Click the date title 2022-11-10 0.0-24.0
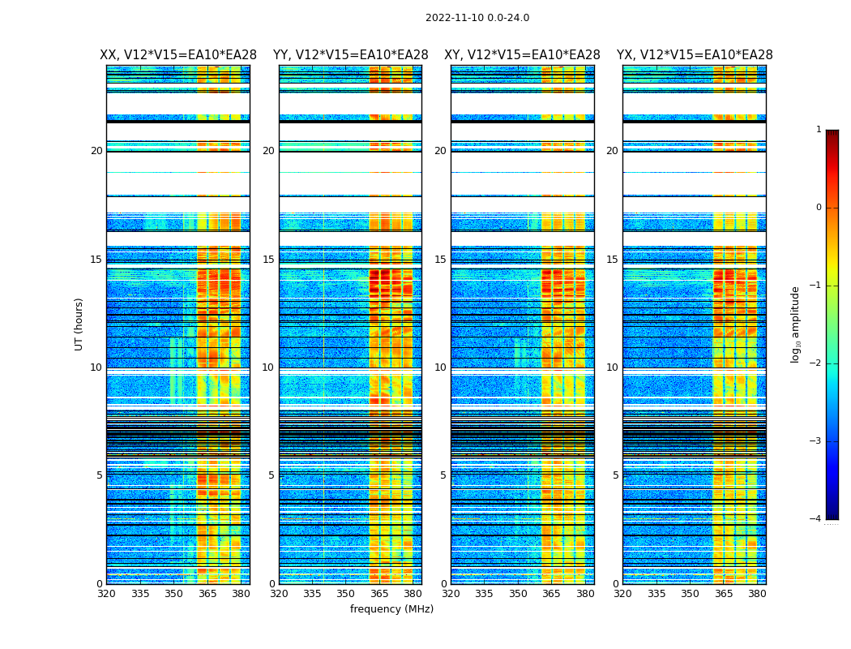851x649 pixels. (x=477, y=18)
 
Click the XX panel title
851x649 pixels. (x=178, y=55)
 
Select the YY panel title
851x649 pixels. (x=350, y=55)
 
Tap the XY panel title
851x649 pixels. (x=522, y=55)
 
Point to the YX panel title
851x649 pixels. (x=695, y=55)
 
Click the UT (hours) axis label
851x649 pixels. (x=79, y=324)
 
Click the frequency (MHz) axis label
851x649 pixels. (x=391, y=609)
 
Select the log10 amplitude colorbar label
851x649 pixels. (x=796, y=324)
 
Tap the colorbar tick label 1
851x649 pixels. (x=818, y=130)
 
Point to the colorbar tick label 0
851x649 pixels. (x=818, y=208)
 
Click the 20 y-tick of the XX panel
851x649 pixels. (x=96, y=151)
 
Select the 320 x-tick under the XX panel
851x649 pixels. (x=106, y=594)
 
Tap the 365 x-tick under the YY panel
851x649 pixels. (x=379, y=594)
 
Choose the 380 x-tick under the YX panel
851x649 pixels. (x=757, y=594)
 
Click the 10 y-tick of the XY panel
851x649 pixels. (x=440, y=367)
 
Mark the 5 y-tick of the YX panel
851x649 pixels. (x=615, y=475)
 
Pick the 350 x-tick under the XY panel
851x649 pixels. (x=518, y=594)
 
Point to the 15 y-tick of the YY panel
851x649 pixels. (x=268, y=260)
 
